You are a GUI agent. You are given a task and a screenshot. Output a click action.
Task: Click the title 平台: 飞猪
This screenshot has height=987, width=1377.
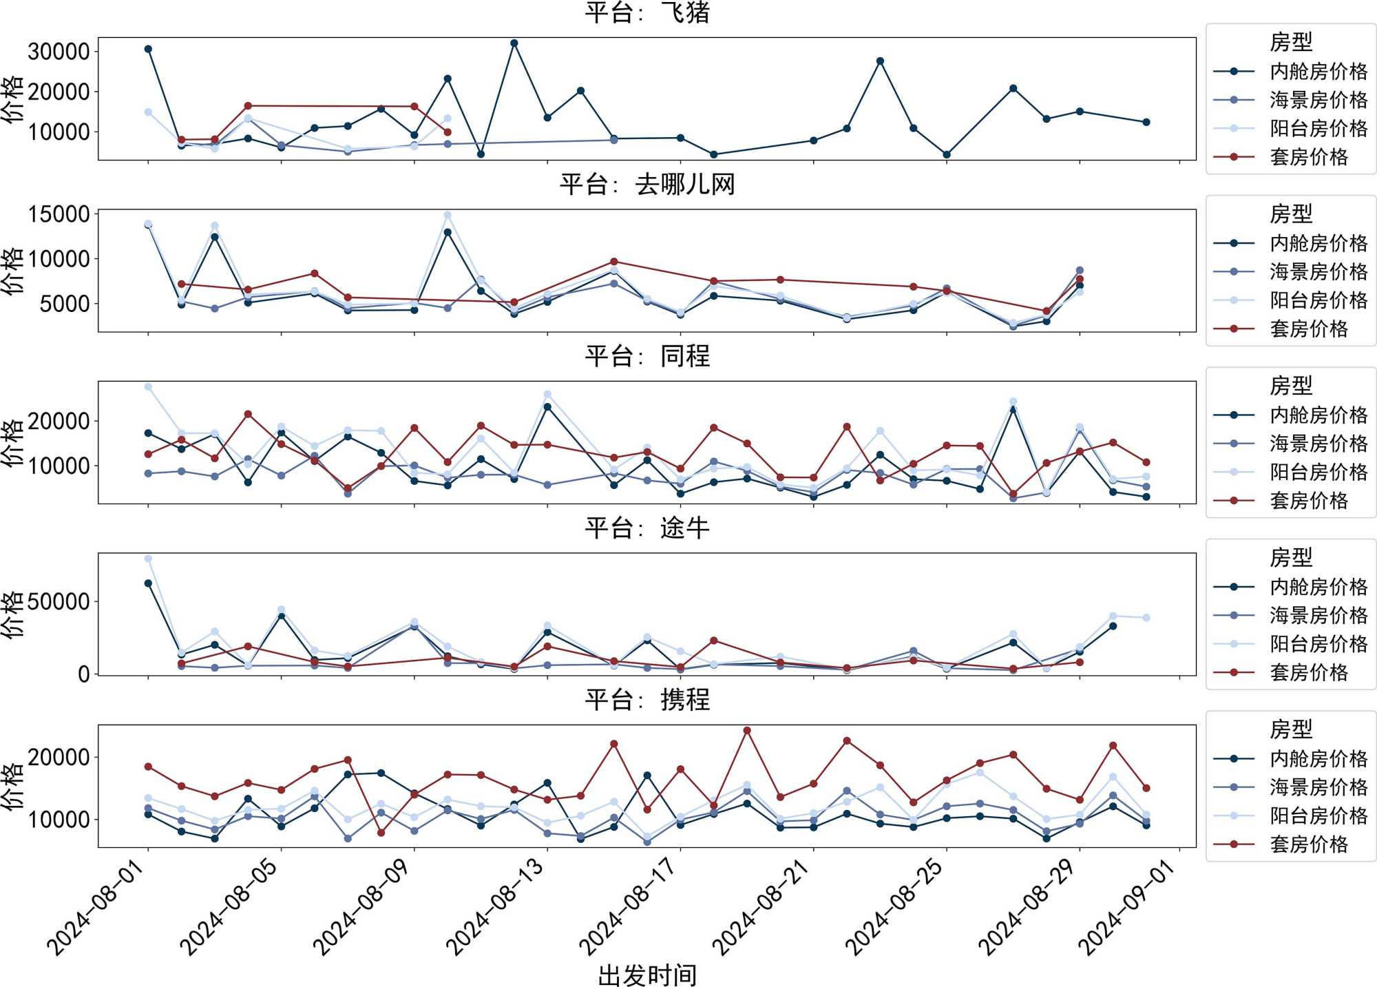[647, 12]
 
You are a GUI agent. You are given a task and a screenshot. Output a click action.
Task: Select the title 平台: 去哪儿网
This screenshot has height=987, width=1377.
[647, 184]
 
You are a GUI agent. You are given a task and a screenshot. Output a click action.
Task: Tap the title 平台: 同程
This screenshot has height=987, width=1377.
[647, 356]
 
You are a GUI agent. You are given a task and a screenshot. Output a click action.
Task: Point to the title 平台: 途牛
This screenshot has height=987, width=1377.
[647, 528]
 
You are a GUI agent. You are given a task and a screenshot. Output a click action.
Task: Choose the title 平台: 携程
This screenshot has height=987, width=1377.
[647, 700]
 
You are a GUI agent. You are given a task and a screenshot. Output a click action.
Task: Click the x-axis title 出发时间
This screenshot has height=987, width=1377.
[647, 974]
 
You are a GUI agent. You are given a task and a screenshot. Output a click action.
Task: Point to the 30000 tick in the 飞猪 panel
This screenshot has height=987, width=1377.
[59, 51]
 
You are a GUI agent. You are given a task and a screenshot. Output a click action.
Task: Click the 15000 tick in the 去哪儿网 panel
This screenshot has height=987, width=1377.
[59, 214]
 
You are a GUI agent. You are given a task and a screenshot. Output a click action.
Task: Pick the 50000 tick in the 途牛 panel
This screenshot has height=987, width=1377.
[59, 601]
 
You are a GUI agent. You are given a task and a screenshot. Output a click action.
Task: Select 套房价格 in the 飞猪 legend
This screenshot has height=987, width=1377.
[1308, 157]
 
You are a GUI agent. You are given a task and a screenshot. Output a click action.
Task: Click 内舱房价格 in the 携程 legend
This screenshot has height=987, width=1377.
[1318, 758]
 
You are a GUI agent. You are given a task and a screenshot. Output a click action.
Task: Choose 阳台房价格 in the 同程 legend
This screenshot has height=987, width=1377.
[1318, 472]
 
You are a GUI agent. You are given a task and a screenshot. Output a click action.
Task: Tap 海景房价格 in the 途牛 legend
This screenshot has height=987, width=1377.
[1318, 615]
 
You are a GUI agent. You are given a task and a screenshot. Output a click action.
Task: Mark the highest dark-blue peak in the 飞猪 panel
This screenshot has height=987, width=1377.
[514, 43]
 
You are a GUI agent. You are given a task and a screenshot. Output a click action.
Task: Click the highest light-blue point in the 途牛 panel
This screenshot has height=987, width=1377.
[148, 559]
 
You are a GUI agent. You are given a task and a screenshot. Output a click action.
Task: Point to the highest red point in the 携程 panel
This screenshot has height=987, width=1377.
[747, 730]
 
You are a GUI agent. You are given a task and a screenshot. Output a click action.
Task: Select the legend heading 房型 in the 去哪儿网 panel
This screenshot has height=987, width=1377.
[1290, 214]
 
